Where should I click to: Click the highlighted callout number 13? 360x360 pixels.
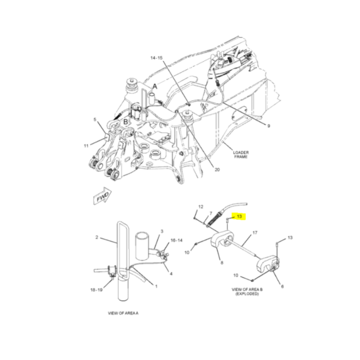(239, 216)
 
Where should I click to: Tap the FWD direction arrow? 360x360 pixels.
(103, 196)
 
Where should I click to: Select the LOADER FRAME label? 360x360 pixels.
(241, 154)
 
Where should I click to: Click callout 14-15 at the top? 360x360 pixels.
(157, 58)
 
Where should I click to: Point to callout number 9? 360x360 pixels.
(269, 126)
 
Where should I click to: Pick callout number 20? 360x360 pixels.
(217, 170)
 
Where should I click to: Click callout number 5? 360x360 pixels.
(95, 120)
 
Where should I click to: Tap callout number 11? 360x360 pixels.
(86, 146)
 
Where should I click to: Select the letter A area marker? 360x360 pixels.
(155, 86)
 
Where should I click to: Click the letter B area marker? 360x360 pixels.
(126, 121)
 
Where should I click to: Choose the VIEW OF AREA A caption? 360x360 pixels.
(123, 313)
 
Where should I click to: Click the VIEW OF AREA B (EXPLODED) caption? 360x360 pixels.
(247, 292)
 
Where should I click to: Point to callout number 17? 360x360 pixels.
(255, 233)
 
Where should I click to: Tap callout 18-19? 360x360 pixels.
(96, 290)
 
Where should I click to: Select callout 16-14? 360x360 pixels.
(176, 240)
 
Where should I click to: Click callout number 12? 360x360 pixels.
(201, 207)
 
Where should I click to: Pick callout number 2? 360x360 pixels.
(97, 237)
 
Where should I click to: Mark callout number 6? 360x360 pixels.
(283, 286)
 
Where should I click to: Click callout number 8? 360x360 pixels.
(222, 262)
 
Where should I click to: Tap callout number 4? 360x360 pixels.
(171, 274)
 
